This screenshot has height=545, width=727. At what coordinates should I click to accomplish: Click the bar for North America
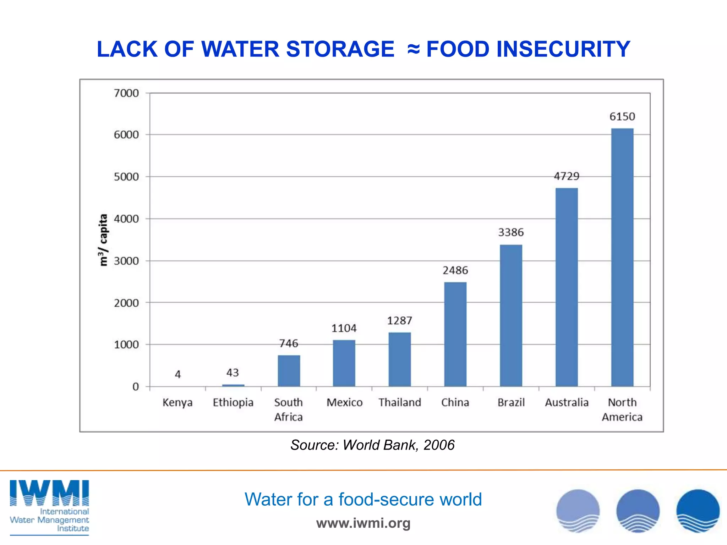[x=622, y=257]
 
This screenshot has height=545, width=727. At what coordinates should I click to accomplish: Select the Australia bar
[x=567, y=287]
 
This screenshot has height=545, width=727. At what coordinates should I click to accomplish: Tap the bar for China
[x=455, y=334]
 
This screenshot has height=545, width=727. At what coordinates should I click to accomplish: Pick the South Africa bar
[x=289, y=370]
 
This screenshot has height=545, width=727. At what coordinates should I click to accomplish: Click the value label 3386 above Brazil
[x=511, y=232]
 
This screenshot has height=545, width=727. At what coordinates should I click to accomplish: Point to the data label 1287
[x=399, y=321]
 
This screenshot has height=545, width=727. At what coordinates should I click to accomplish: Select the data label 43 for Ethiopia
[x=233, y=373]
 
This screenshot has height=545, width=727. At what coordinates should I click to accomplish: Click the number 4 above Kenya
[x=178, y=374]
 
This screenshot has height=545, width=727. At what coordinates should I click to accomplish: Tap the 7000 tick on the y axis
[x=126, y=93]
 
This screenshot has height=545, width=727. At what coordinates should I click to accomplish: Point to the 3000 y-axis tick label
[x=126, y=261]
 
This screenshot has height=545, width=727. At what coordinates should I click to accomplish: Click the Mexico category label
[x=344, y=402]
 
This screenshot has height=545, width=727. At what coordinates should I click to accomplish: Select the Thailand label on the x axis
[x=400, y=402]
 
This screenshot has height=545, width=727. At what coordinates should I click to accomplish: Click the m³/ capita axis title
[x=103, y=240]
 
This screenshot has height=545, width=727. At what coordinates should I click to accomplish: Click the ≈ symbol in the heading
[x=414, y=49]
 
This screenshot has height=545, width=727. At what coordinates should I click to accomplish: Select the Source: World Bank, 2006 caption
[x=372, y=445]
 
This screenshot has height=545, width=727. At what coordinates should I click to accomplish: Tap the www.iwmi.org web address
[x=363, y=523]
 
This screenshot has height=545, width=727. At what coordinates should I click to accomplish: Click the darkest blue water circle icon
[x=698, y=511]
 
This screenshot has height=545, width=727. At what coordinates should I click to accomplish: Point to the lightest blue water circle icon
[x=578, y=511]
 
